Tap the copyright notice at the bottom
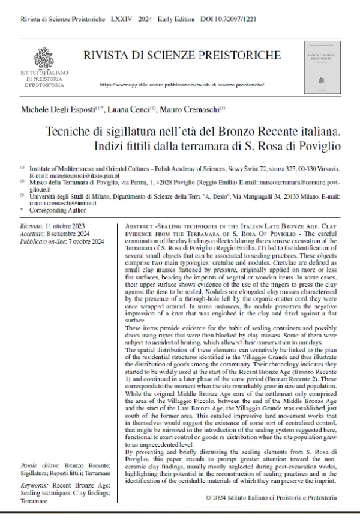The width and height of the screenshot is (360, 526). (x=271, y=497)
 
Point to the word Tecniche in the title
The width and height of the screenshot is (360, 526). (x=71, y=130)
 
